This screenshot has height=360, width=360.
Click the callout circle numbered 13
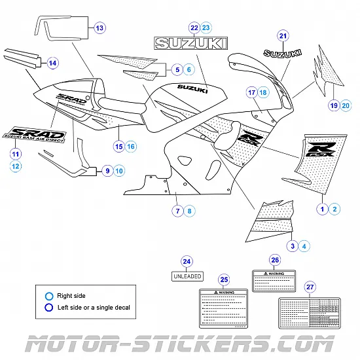pyautogui.click(x=99, y=28)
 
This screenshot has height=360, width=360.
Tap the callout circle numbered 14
pyautogui.click(x=52, y=63)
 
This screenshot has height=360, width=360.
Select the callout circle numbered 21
pyautogui.click(x=283, y=36)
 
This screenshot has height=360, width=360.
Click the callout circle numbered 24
pyautogui.click(x=187, y=262)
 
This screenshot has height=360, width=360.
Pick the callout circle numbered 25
pyautogui.click(x=225, y=279)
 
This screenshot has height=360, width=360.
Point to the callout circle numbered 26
pyautogui.click(x=275, y=259)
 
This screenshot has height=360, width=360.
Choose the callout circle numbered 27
pyautogui.click(x=310, y=287)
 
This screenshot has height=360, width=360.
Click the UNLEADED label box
pyautogui.click(x=187, y=276)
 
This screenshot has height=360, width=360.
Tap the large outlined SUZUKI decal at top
pyautogui.click(x=190, y=43)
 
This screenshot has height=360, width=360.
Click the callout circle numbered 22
pyautogui.click(x=194, y=27)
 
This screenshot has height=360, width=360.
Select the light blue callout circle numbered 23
pyautogui.click(x=206, y=27)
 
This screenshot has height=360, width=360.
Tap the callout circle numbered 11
pyautogui.click(x=16, y=154)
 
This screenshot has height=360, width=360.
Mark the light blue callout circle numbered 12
pyautogui.click(x=16, y=166)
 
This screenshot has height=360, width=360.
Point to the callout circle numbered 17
pyautogui.click(x=251, y=93)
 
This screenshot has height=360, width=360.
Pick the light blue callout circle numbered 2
pyautogui.click(x=334, y=209)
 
